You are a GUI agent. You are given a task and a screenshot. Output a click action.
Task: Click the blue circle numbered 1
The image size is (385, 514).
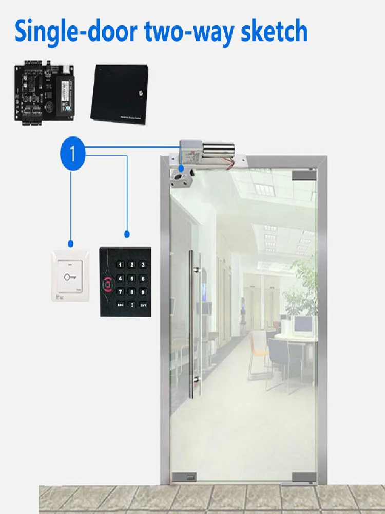pos(72,153)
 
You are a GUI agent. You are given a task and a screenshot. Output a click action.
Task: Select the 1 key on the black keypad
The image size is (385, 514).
pos(120,265)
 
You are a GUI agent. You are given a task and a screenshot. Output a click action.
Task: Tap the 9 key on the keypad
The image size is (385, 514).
pos(143,292)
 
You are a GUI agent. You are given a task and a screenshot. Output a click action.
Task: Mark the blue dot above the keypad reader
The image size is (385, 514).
pos(127,234)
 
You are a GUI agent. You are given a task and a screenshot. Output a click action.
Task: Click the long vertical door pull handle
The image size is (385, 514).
pos(191,324)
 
